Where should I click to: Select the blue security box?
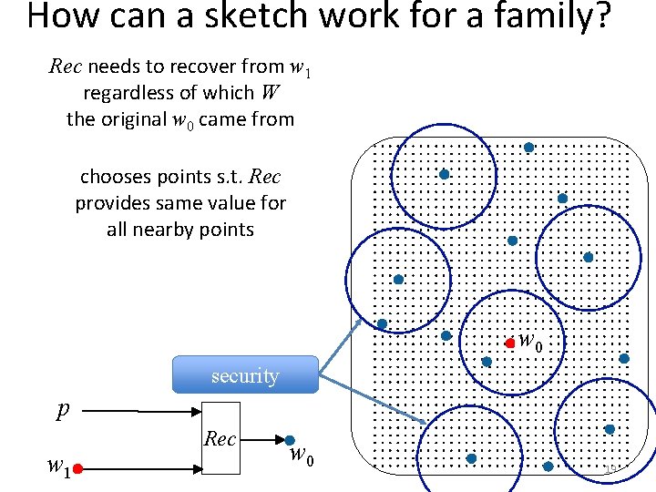[x=245, y=374]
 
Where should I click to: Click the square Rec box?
[x=220, y=439]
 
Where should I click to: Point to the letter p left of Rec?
[x=62, y=411]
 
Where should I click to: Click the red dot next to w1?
[x=79, y=468]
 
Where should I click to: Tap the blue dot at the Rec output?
[x=289, y=440]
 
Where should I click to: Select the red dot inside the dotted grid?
[x=510, y=343]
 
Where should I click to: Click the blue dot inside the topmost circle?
[x=444, y=174]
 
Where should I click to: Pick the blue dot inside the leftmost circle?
[x=398, y=279]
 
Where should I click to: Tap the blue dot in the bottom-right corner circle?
[x=609, y=428]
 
